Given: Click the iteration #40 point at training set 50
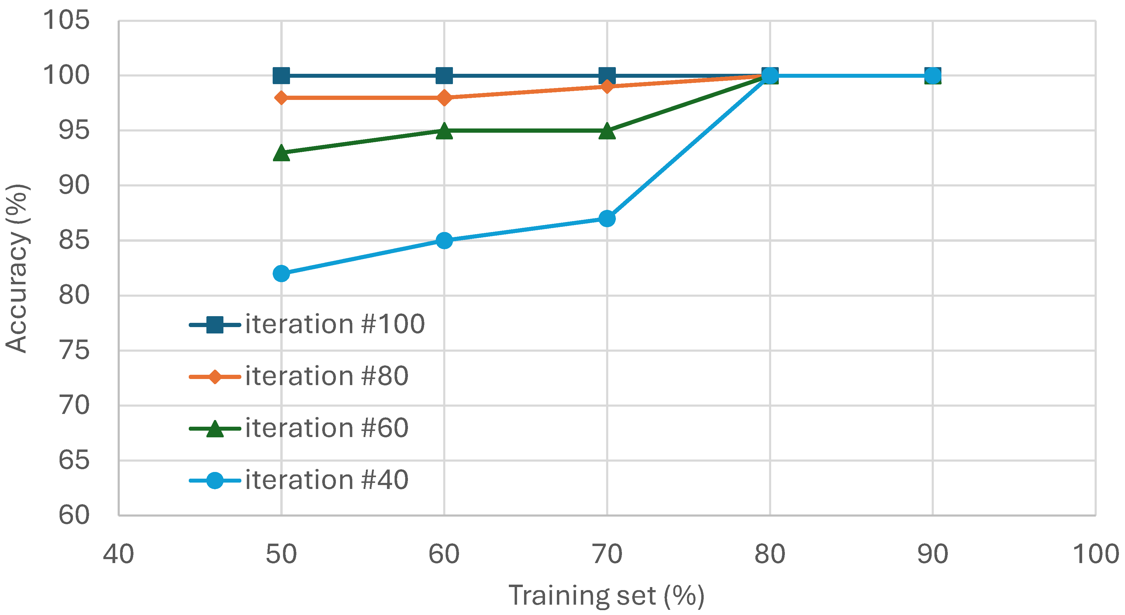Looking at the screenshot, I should (x=281, y=274).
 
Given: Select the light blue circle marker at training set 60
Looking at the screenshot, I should (x=444, y=241).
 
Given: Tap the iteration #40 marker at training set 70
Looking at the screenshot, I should (x=607, y=218).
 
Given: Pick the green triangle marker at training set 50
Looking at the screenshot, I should (x=281, y=153).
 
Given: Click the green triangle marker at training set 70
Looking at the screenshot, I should (x=607, y=131).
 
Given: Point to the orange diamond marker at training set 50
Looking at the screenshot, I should (x=281, y=98).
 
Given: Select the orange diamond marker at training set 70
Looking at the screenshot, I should (x=607, y=87).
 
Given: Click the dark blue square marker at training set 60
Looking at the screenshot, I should (x=444, y=76).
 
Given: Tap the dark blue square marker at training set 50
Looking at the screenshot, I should (x=281, y=76).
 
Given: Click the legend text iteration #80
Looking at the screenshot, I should (x=327, y=376).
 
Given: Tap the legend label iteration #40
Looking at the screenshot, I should (x=327, y=480).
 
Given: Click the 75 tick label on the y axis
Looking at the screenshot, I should (x=74, y=350).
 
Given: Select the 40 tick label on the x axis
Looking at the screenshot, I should (x=118, y=554).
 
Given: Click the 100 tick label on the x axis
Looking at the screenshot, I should (x=1095, y=554).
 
